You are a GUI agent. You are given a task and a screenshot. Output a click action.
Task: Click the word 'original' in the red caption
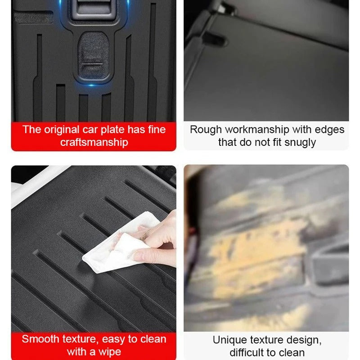point(62,130)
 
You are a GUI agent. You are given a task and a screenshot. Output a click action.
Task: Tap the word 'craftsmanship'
point(94,142)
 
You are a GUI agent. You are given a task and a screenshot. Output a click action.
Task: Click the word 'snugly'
point(300,142)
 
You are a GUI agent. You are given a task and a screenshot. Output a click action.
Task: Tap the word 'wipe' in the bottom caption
point(108,351)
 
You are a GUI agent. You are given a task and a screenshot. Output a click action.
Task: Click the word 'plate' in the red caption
point(116,130)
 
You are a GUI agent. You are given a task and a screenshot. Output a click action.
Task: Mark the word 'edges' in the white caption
point(329,130)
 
